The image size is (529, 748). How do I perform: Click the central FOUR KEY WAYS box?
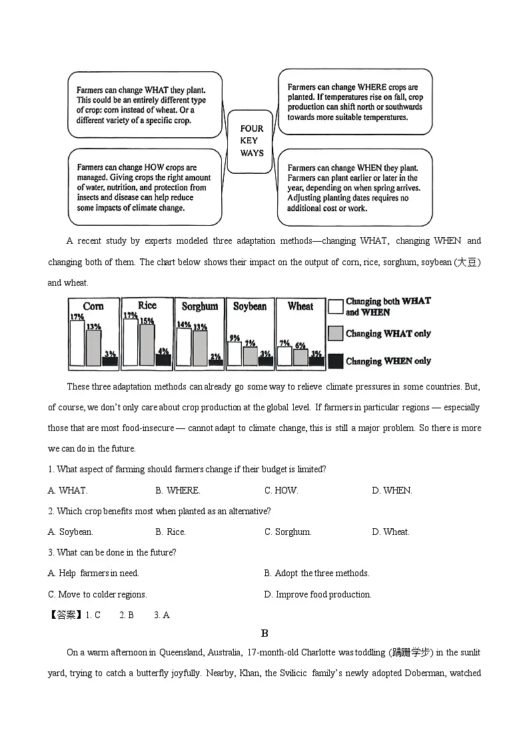point(252,141)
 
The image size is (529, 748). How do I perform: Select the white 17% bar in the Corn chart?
point(77,344)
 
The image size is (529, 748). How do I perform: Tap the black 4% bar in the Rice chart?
point(163,360)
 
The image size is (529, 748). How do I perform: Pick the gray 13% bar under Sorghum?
point(200,348)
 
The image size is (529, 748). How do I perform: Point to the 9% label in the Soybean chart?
point(235,338)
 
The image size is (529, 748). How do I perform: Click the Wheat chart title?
point(300,306)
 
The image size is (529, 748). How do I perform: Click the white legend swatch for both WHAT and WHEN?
point(336,306)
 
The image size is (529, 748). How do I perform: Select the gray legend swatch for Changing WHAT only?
point(336,333)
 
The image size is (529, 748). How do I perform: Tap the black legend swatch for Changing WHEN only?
point(336,361)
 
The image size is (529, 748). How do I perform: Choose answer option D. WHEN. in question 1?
point(392,490)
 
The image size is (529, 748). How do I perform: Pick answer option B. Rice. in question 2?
point(171,532)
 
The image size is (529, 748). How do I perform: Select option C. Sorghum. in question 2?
point(288,532)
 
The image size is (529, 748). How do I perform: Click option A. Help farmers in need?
point(93,573)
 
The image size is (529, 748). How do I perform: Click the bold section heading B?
point(264,633)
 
